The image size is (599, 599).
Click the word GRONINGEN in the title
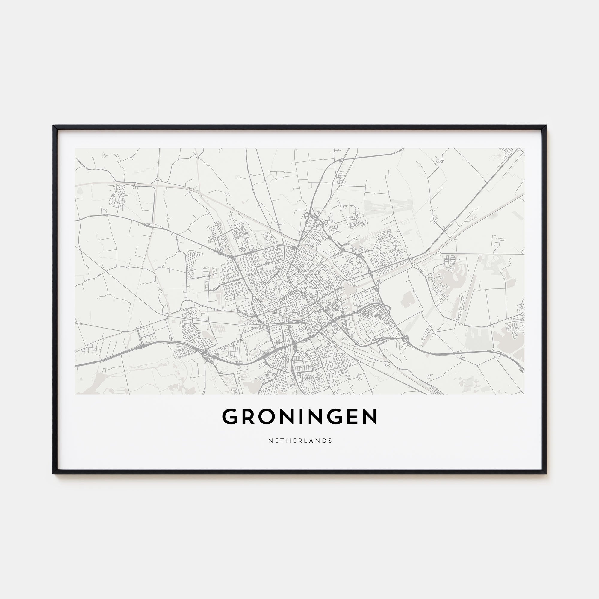point(299,417)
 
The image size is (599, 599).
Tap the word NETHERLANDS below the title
point(300,441)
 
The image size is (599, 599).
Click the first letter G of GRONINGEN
point(230,417)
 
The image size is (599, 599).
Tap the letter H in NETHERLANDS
point(285,441)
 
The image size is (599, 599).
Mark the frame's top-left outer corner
point(53,125)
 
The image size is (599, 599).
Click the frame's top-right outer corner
point(547,125)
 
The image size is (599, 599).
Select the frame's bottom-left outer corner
point(53,474)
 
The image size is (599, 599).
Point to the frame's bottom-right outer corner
point(547,474)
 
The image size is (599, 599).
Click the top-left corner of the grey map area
point(75,148)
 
